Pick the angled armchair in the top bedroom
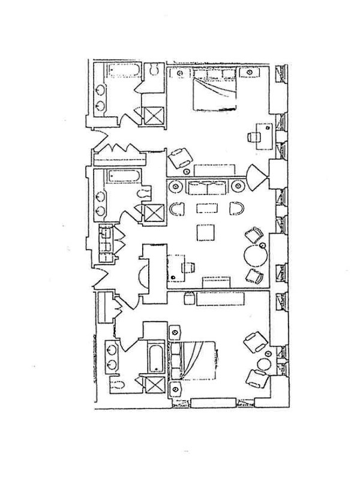click(x=179, y=158)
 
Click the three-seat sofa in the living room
click(x=206, y=187)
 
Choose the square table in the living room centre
click(x=205, y=232)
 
